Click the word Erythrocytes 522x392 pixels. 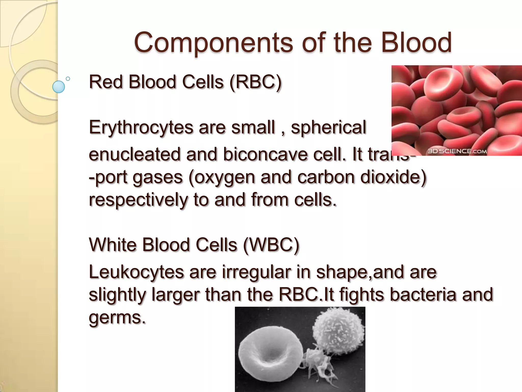click(x=141, y=127)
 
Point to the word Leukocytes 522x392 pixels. click(x=136, y=272)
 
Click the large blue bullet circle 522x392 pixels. click(x=58, y=87)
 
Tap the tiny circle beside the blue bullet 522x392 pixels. click(x=68, y=79)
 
